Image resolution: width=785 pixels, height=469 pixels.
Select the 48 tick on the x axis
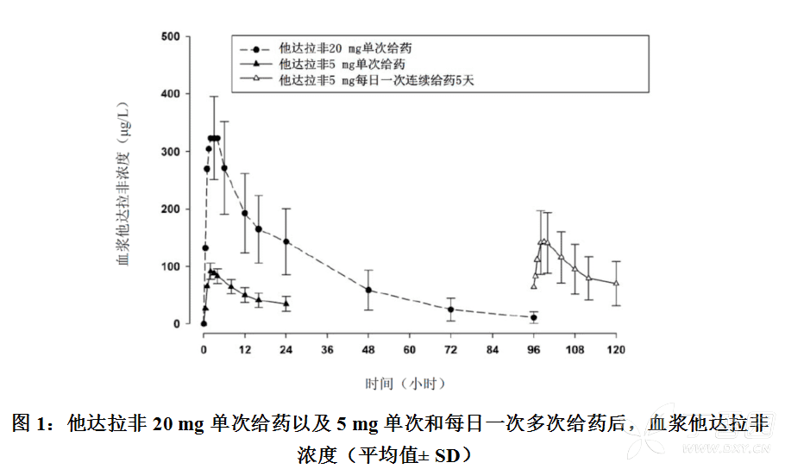(368, 349)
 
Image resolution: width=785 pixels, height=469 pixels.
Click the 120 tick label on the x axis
(616, 349)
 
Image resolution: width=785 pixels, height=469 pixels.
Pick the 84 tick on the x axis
(492, 349)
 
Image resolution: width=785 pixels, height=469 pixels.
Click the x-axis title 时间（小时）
(406, 380)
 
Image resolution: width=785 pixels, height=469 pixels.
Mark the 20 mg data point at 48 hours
(368, 291)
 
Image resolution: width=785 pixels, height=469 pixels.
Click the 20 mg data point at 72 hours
(450, 310)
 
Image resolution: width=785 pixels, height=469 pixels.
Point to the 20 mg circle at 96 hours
(533, 317)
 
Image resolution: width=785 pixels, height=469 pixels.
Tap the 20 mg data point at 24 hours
(286, 241)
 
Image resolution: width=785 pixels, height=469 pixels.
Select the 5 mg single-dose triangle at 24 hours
(286, 303)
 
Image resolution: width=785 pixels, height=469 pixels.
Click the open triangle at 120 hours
(616, 283)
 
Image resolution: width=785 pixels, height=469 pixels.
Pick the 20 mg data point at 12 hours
(244, 213)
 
